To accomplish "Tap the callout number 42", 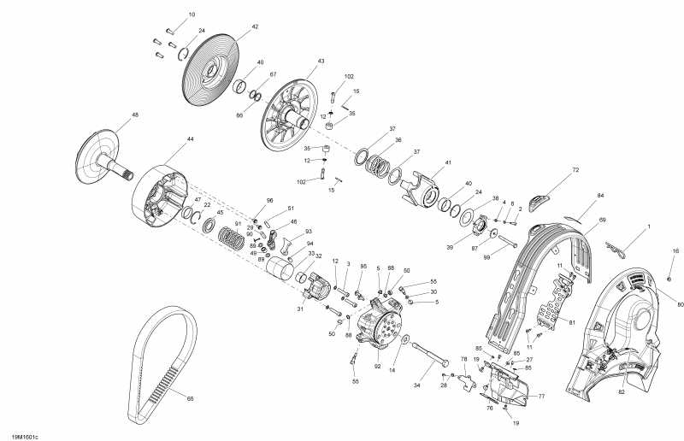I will click(x=254, y=26).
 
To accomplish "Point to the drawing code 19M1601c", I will click(x=26, y=436).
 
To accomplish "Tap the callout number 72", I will click(x=575, y=171).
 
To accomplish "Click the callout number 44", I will click(x=190, y=138).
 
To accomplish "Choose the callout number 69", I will click(x=602, y=220).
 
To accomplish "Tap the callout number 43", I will click(x=321, y=62).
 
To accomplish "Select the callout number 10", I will click(x=192, y=15).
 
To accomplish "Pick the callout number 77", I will click(x=540, y=397).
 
